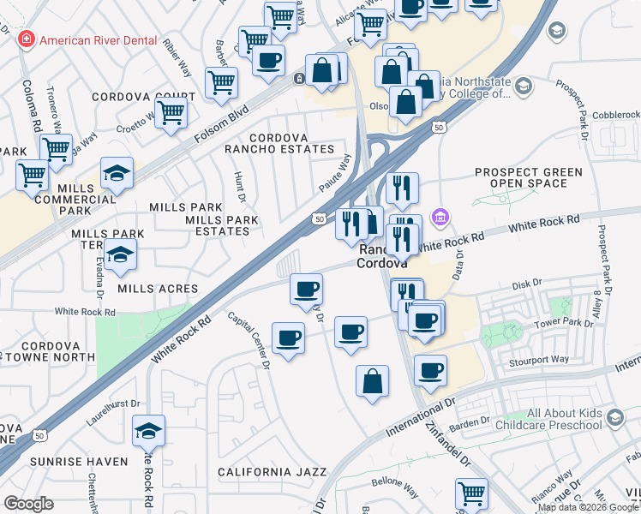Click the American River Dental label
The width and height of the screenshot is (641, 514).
tap(99, 40)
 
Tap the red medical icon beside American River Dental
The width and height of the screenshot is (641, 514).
tap(27, 40)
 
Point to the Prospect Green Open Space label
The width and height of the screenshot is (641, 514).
tap(529, 177)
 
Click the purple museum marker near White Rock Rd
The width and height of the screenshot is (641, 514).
tap(440, 218)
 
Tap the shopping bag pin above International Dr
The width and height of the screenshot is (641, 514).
tap(373, 382)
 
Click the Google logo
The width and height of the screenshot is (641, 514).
tap(29, 504)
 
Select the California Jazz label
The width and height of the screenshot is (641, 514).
tap(273, 472)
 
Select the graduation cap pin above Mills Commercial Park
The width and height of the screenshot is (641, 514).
tap(117, 173)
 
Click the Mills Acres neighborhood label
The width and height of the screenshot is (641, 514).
tap(158, 290)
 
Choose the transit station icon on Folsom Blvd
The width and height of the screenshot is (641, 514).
tap(299, 79)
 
